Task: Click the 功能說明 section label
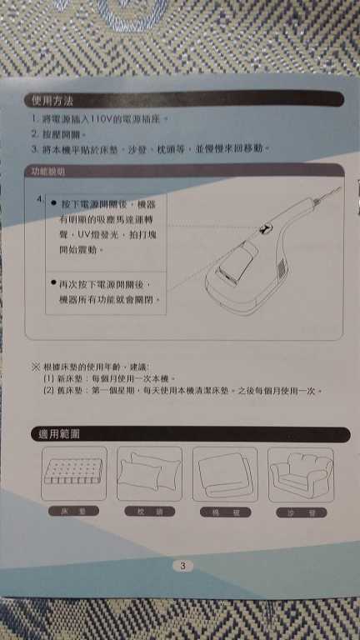tap(47, 172)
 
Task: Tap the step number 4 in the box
tap(40, 201)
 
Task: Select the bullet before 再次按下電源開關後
tap(52, 283)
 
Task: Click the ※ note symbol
tap(35, 367)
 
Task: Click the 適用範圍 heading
tap(57, 434)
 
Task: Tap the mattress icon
tap(73, 475)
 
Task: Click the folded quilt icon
tap(225, 475)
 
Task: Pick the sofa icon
tap(300, 475)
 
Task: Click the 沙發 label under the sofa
tap(300, 512)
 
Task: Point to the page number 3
tap(182, 565)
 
